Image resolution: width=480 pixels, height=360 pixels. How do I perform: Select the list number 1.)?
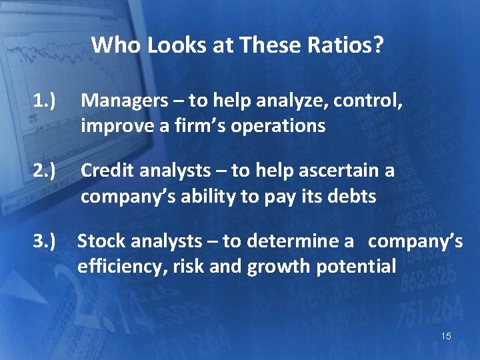pyautogui.click(x=45, y=101)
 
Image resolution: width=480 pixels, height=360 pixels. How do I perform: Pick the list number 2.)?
pyautogui.click(x=45, y=171)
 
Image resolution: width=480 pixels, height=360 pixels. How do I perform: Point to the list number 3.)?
pyautogui.click(x=45, y=241)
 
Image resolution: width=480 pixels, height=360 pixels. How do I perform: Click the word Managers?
pyautogui.click(x=125, y=101)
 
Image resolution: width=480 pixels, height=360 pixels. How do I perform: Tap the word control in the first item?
pyautogui.click(x=366, y=101)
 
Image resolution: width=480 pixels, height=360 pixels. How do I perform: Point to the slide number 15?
pyautogui.click(x=446, y=336)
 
